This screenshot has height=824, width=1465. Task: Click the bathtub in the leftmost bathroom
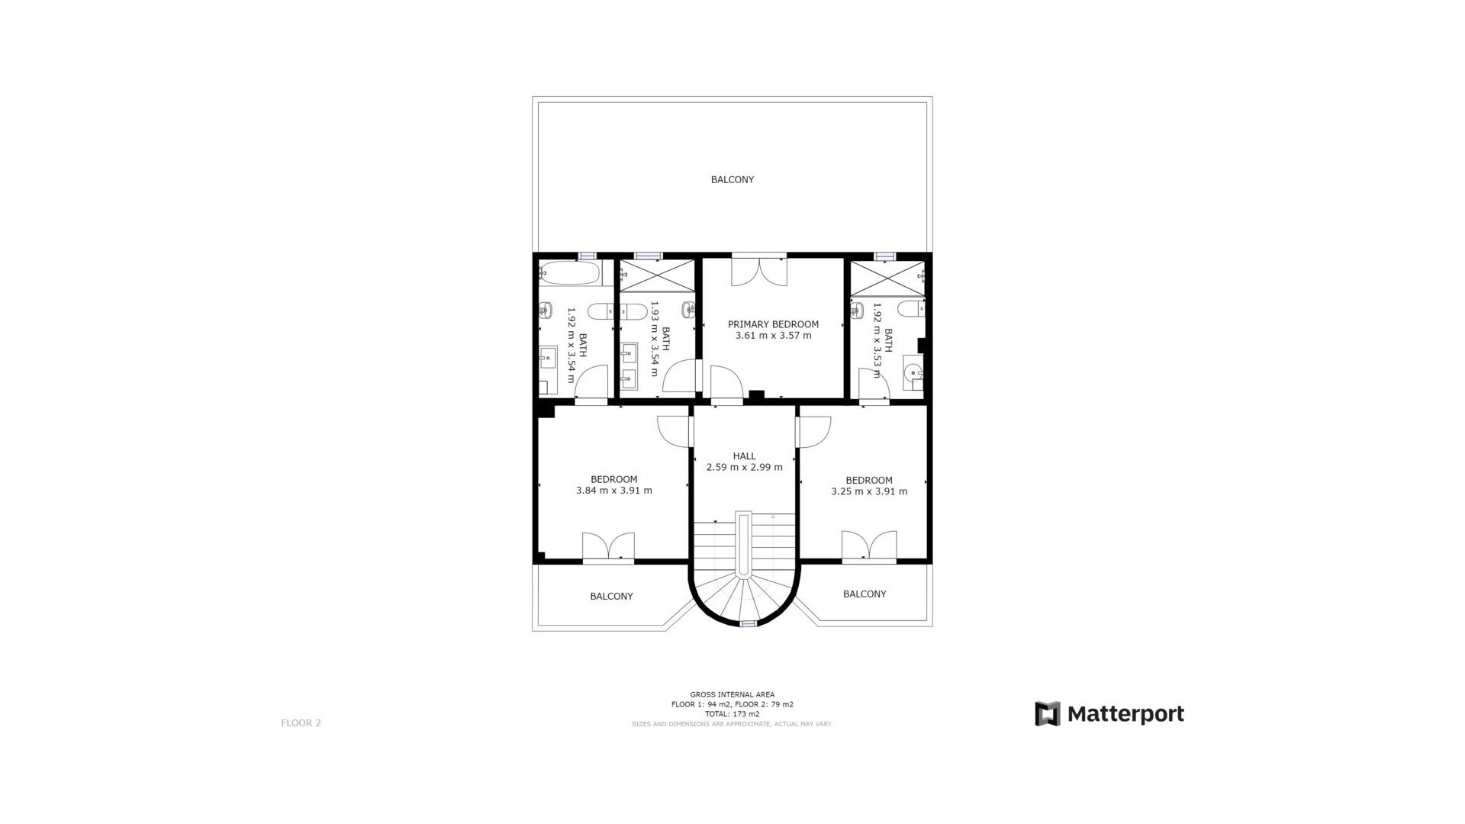click(569, 273)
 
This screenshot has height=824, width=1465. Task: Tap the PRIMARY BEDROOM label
click(773, 324)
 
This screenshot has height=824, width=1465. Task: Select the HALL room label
click(744, 456)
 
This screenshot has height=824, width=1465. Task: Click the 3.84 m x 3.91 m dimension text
click(613, 491)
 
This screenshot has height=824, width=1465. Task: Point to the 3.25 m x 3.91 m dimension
click(869, 491)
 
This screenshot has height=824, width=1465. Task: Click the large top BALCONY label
click(732, 180)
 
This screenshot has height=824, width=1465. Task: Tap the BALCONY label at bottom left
click(611, 597)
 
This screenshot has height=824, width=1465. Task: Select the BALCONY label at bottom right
click(865, 594)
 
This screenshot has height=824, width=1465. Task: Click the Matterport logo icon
click(1047, 714)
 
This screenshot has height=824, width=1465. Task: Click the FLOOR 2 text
click(301, 723)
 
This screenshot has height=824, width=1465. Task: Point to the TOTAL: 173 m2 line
click(732, 714)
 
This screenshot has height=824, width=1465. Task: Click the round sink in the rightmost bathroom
click(913, 372)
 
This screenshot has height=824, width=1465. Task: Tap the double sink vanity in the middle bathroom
click(629, 364)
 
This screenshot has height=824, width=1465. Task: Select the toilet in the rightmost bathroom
click(910, 308)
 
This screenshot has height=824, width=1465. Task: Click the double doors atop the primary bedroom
click(758, 272)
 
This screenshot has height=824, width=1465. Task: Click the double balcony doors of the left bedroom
click(608, 547)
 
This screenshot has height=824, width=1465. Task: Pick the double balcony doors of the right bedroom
click(868, 546)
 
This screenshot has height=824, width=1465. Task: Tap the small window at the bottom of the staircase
click(748, 624)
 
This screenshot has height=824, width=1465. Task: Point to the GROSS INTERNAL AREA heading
click(732, 695)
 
